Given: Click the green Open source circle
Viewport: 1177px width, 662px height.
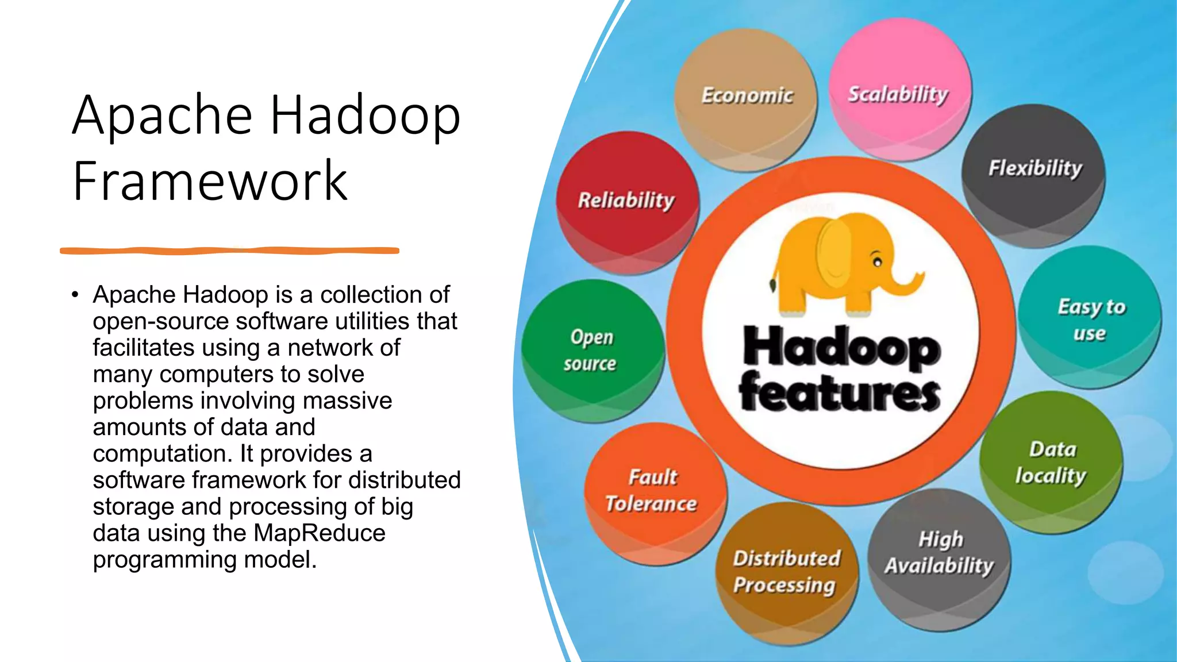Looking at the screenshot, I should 593,351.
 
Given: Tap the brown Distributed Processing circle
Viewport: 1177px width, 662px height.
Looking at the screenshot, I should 786,572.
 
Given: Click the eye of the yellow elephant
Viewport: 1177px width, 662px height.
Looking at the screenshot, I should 878,262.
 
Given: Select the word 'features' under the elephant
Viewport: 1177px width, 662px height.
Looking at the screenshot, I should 840,393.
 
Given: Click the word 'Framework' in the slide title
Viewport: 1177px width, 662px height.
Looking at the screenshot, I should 210,181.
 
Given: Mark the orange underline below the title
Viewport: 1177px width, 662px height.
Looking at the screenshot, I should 229,251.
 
